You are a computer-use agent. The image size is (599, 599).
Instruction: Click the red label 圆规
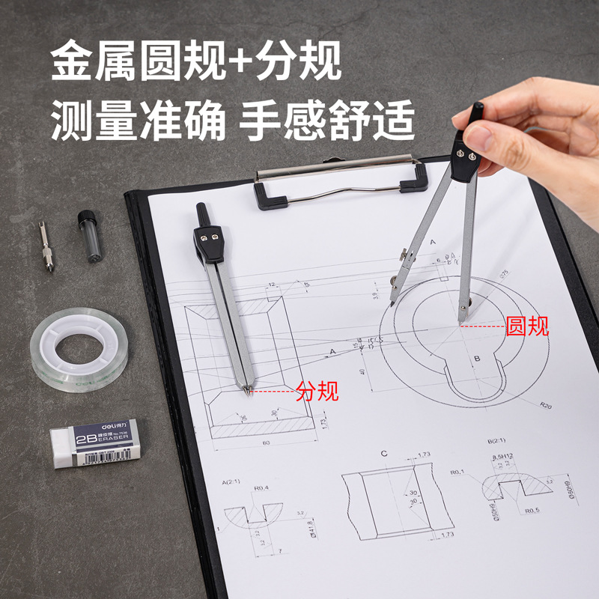pos(527,326)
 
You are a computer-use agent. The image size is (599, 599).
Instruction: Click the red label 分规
pos(317,390)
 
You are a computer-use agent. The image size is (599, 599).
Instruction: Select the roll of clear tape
pos(79,349)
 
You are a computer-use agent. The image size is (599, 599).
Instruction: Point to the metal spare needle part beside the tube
pos(46,248)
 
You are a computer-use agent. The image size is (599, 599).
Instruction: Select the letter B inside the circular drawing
pos(476,359)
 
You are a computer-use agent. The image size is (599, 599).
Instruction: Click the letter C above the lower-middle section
pos(383,454)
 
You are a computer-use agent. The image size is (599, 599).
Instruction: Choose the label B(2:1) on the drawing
pos(497,441)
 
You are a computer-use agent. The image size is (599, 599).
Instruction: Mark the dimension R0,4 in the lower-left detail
pos(261,488)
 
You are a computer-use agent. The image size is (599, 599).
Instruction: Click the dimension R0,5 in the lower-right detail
pos(532,511)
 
